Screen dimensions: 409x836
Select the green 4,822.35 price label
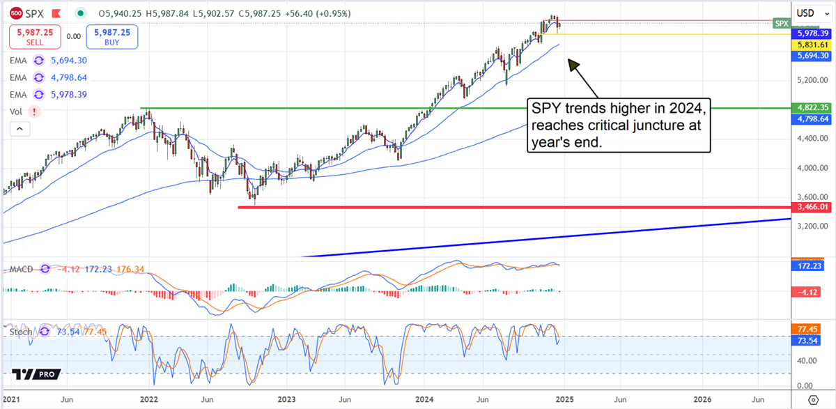[x=813, y=108]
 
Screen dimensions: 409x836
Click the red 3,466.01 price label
[x=813, y=208]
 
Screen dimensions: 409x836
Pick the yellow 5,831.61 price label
[x=813, y=44]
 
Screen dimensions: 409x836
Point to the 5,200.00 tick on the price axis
[x=812, y=80]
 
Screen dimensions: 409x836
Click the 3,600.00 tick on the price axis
[x=812, y=197]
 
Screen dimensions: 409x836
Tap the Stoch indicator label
[x=21, y=332]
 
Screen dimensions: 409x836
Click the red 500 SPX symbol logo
[x=14, y=13]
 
